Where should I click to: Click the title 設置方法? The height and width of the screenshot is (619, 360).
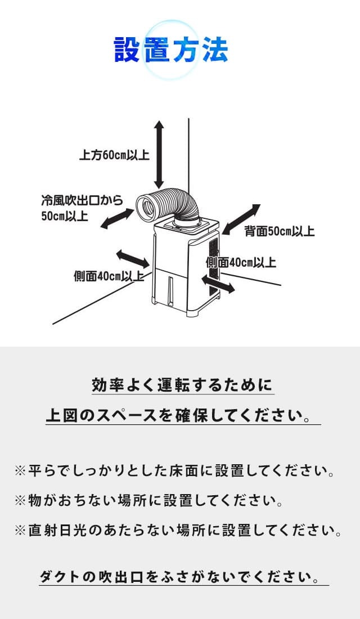[170, 50]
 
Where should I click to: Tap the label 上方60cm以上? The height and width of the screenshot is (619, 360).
[114, 155]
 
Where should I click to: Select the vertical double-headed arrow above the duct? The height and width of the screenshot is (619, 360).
[159, 154]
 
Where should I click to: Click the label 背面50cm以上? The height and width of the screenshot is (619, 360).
[279, 231]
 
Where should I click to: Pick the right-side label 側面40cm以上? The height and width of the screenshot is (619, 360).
[240, 262]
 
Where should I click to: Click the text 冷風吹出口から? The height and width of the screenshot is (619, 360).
[82, 200]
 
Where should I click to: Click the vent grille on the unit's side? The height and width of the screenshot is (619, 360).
[213, 264]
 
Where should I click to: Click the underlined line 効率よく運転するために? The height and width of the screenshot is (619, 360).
[182, 386]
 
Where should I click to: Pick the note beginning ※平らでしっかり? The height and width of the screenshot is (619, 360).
[175, 471]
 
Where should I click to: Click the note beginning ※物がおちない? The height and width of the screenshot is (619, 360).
[148, 500]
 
